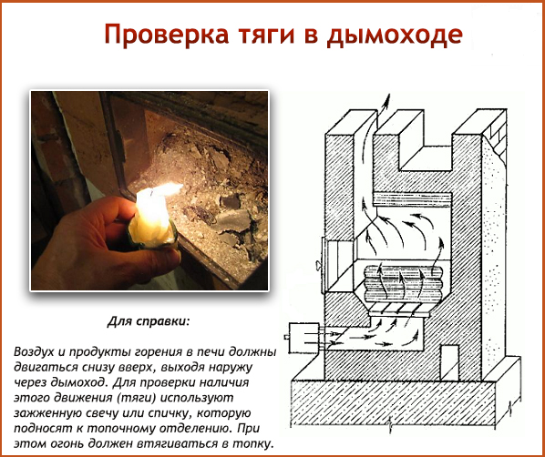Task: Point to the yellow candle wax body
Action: [153, 228]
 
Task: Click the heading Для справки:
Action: [146, 323]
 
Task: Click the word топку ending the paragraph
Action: [252, 442]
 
